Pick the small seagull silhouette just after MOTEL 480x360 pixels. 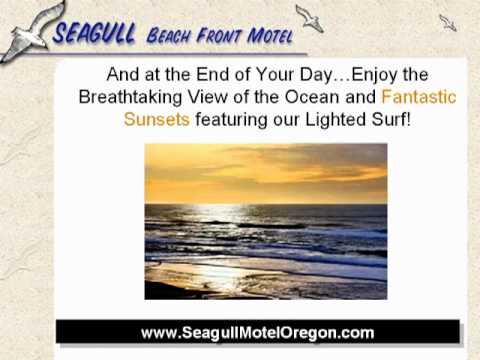click(x=309, y=18)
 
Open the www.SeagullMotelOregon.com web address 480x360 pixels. click(x=257, y=332)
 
